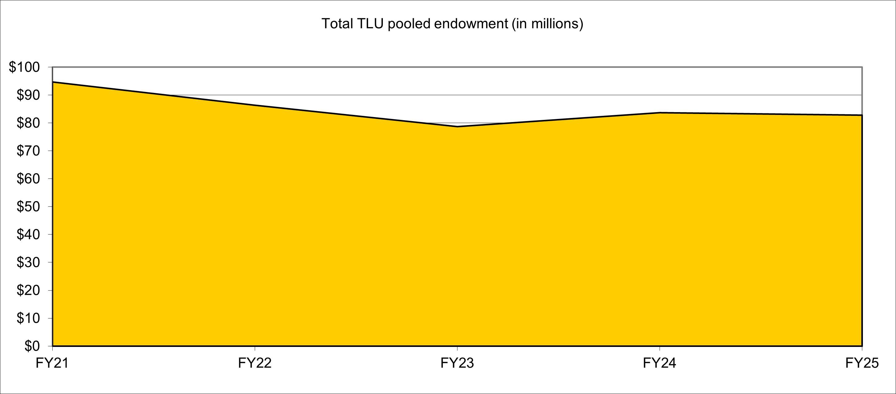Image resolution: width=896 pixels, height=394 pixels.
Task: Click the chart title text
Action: tap(452, 24)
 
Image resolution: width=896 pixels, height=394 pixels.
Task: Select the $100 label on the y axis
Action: tap(24, 67)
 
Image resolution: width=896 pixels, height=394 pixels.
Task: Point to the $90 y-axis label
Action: tap(28, 95)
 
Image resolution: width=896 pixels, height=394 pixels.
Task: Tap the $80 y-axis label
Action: tap(28, 123)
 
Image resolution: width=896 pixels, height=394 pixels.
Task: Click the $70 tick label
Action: tap(28, 151)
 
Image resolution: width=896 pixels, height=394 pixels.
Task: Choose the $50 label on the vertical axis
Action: tap(28, 206)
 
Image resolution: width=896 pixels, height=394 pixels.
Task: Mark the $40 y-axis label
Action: tap(28, 234)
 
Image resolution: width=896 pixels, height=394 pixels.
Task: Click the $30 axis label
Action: tap(28, 262)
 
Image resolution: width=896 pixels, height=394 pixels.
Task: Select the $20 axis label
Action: tap(28, 290)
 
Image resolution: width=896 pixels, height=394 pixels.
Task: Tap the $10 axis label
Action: tap(28, 318)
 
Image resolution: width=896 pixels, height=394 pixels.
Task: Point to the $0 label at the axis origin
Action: tap(32, 346)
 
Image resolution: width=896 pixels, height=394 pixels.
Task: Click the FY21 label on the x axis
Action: tap(52, 363)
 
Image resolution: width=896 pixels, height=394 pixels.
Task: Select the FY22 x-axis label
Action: tap(255, 363)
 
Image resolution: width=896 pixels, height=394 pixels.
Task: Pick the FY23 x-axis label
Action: tap(457, 363)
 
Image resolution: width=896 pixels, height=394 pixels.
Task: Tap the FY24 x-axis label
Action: tap(660, 363)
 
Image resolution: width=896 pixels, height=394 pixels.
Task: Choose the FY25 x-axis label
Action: tap(862, 363)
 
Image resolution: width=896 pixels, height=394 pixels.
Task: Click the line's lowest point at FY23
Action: tap(457, 126)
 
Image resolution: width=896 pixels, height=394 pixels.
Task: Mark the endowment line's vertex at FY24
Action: tap(660, 113)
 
